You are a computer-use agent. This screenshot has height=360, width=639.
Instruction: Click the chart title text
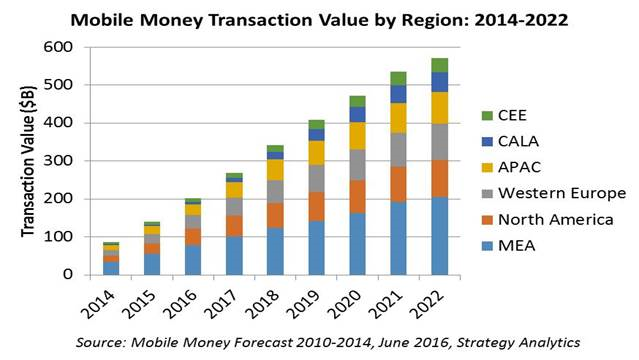319,20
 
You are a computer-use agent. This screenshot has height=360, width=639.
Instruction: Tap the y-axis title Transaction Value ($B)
28,161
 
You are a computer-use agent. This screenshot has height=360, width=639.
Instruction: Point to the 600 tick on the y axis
58,47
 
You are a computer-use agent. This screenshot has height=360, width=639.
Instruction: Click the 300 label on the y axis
58,161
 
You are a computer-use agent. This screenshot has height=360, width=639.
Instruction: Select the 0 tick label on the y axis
68,274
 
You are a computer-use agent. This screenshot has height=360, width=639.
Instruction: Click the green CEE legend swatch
487,116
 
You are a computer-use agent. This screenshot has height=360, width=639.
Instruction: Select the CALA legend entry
510,141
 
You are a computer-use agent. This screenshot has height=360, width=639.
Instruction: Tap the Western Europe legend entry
554,193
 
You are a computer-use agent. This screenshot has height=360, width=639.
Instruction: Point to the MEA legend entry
509,246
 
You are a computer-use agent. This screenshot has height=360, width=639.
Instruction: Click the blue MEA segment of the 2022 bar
440,236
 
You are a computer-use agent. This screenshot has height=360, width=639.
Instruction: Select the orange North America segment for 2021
398,184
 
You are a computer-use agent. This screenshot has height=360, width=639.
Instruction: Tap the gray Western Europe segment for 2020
357,165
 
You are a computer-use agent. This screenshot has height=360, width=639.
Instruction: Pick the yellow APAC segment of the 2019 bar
316,153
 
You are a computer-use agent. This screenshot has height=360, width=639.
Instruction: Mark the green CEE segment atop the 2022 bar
440,65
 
